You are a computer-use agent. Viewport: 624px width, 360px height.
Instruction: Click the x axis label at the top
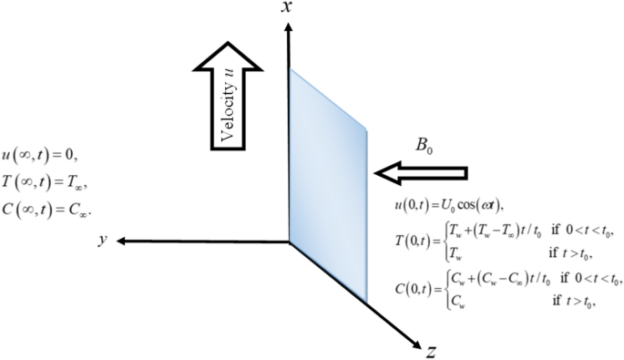point(287,8)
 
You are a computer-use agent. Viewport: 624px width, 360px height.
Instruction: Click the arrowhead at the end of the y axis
point(121,242)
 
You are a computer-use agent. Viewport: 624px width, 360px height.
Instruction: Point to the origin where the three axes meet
point(289,242)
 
